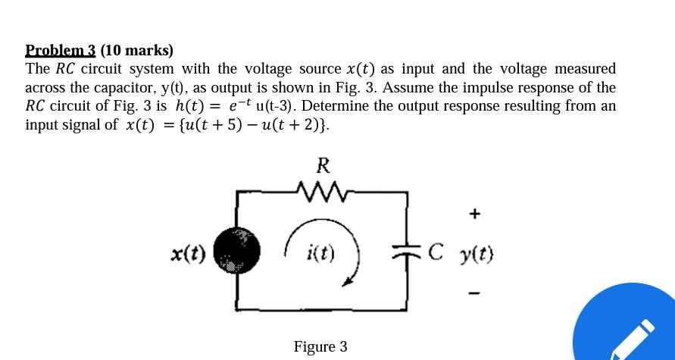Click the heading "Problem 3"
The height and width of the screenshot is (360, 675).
(x=61, y=51)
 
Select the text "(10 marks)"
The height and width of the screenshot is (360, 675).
(x=136, y=51)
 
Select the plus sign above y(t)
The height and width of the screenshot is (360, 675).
(x=474, y=214)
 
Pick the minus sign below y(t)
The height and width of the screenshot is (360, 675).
(x=474, y=292)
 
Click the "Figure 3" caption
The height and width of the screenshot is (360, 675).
(x=320, y=346)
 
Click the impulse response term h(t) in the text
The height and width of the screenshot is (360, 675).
(x=189, y=106)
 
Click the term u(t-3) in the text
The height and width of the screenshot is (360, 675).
(x=268, y=106)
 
